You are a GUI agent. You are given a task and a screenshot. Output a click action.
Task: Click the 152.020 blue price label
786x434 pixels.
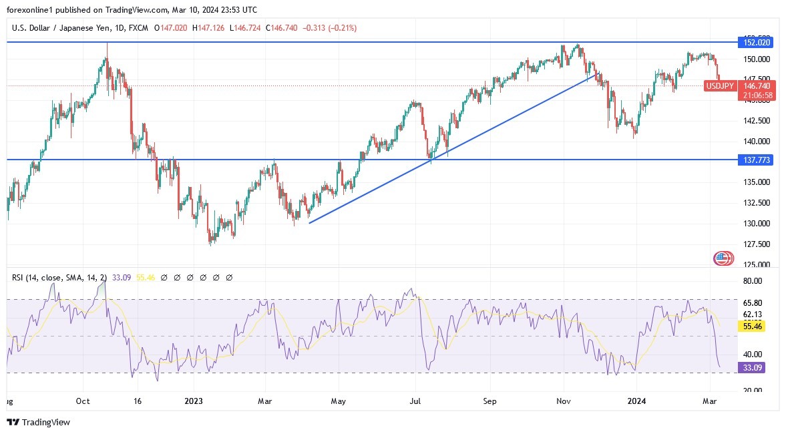(x=757, y=43)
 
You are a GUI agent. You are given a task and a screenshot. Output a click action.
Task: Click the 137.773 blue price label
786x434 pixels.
(x=757, y=160)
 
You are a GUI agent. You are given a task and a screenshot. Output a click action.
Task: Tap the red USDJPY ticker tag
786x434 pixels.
(x=721, y=86)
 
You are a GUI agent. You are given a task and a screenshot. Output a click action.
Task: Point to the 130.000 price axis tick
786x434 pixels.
(x=757, y=223)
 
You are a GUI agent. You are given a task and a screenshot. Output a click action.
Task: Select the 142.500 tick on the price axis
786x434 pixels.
(x=757, y=121)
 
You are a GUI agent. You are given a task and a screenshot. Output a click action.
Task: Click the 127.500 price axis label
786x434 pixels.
(x=757, y=244)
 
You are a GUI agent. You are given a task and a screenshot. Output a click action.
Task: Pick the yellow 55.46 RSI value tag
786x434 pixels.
(x=753, y=327)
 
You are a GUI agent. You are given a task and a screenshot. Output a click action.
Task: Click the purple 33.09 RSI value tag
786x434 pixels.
(x=753, y=367)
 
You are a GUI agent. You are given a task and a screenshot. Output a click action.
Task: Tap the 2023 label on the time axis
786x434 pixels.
(x=194, y=401)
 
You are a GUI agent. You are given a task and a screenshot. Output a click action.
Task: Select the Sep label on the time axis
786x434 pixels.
(x=491, y=401)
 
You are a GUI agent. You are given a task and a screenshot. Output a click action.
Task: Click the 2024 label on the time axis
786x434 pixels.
(x=638, y=401)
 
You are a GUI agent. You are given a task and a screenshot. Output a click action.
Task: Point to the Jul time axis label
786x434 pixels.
(x=415, y=401)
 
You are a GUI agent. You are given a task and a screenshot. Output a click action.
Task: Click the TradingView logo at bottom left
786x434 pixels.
(x=38, y=422)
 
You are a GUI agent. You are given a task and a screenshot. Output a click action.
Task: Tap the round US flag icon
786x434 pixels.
(x=723, y=258)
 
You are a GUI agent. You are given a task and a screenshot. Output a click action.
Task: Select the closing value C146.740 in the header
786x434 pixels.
(x=282, y=28)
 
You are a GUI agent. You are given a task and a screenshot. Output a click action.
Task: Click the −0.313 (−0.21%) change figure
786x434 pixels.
(x=330, y=28)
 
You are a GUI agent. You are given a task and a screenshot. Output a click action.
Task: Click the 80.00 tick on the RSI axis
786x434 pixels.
(x=752, y=281)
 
